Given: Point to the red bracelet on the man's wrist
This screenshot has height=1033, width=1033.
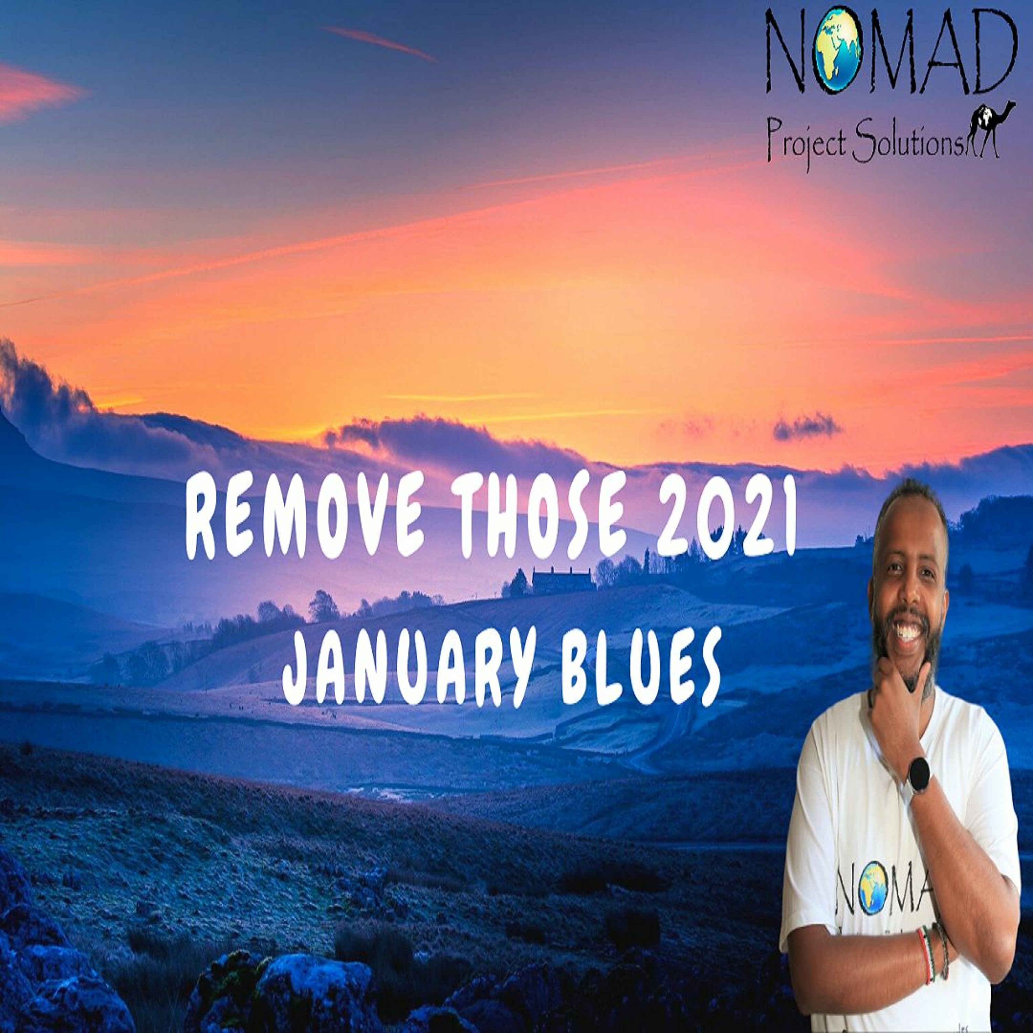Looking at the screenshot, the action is [x=925, y=948].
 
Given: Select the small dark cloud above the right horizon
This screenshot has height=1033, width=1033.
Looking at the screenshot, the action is [x=806, y=427].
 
